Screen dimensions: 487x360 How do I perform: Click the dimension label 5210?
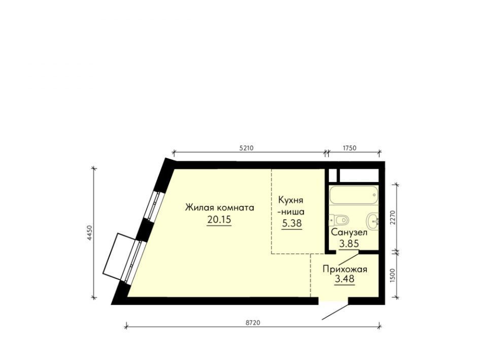pyautogui.click(x=247, y=148)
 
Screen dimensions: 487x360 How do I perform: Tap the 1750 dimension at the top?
pyautogui.click(x=350, y=148)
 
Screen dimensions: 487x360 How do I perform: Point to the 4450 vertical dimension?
pyautogui.click(x=89, y=233)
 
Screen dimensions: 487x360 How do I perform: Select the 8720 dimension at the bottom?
pyautogui.click(x=253, y=322)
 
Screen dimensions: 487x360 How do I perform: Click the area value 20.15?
pyautogui.click(x=219, y=220)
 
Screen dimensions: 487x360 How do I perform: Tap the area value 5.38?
pyautogui.click(x=292, y=223)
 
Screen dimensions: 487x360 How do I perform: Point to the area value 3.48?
pyautogui.click(x=344, y=279)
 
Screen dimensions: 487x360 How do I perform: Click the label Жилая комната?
pyautogui.click(x=220, y=207)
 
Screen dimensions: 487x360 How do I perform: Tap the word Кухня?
pyautogui.click(x=290, y=200)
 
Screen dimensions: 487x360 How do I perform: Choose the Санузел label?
pyautogui.click(x=349, y=232)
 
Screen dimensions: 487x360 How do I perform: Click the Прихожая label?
pyautogui.click(x=345, y=269)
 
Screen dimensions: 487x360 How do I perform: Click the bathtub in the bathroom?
pyautogui.click(x=354, y=195)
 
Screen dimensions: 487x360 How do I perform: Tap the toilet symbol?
pyautogui.click(x=339, y=221)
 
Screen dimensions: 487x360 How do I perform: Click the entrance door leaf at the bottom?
pyautogui.click(x=335, y=312)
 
